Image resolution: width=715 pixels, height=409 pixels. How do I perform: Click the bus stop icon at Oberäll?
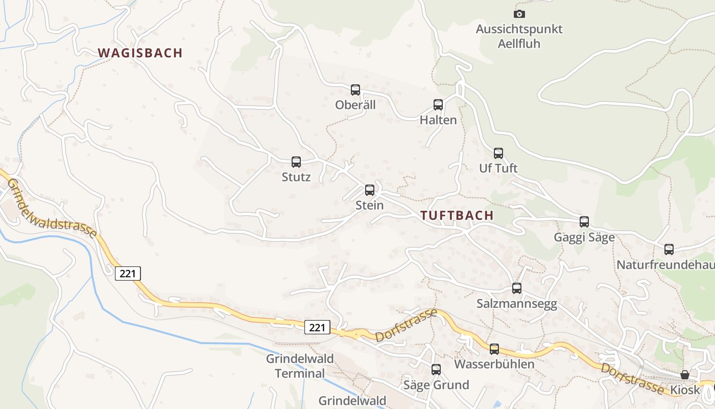(355, 90)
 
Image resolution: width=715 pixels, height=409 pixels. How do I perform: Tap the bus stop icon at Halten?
(438, 105)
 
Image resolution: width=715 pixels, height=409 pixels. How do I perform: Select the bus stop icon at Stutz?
(296, 162)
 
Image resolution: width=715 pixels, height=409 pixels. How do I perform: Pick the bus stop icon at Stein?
(370, 190)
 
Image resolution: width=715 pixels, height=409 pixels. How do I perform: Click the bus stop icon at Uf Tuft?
(498, 153)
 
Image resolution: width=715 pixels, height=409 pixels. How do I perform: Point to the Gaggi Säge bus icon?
(584, 222)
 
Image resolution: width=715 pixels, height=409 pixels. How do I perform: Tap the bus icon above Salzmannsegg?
(517, 288)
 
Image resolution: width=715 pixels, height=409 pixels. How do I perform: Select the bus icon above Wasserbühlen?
(494, 349)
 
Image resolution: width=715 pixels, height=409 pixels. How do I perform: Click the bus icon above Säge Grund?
(436, 369)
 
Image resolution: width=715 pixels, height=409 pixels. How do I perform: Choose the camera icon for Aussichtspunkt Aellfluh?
(519, 14)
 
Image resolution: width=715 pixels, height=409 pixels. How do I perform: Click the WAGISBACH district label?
(140, 53)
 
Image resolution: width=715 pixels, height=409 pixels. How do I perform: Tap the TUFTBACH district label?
(458, 215)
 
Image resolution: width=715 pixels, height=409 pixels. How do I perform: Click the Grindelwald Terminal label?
(300, 366)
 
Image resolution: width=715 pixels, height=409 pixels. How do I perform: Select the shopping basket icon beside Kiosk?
(685, 375)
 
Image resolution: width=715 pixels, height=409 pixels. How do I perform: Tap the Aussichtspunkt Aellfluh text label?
(519, 36)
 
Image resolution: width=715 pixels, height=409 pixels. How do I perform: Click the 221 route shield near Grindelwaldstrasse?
(128, 274)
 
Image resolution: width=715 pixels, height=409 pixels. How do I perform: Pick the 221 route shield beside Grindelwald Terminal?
(317, 327)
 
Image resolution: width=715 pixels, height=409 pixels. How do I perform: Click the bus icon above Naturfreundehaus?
(669, 249)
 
